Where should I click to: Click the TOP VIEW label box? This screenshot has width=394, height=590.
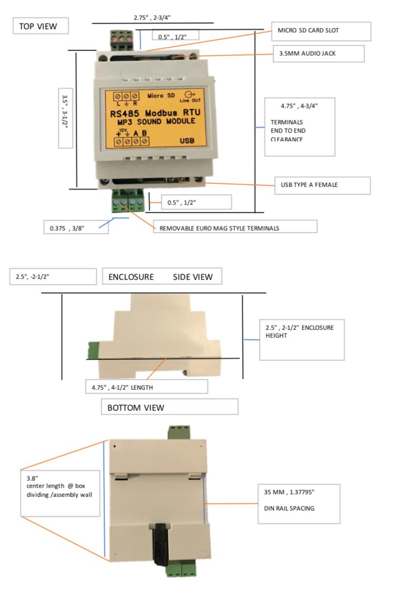[x=41, y=26]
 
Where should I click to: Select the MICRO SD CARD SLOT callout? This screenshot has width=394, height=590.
[x=321, y=31]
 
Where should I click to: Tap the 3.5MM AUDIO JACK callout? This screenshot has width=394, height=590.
[x=318, y=53]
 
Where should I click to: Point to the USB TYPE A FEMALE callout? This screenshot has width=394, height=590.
[x=322, y=185]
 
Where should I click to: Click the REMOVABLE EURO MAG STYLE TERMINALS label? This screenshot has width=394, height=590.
[x=234, y=226]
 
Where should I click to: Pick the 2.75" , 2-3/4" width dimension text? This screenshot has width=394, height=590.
[x=152, y=17]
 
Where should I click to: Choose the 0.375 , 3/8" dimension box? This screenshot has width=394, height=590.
[x=76, y=227]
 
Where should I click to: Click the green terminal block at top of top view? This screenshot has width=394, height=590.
[x=120, y=39]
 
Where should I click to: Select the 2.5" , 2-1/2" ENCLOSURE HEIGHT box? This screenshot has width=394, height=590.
[x=302, y=339]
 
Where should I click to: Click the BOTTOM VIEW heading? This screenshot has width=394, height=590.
[x=169, y=407]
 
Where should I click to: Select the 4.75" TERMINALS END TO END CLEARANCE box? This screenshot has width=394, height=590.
[x=299, y=127]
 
